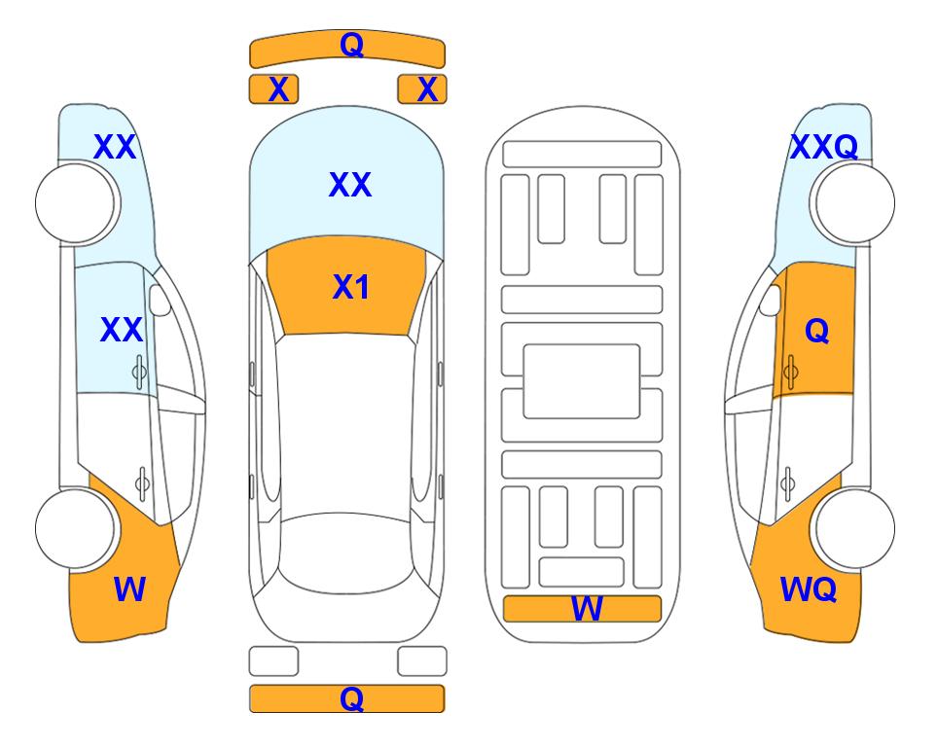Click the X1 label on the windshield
coord(351,287)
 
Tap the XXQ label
coord(824,147)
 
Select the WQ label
coord(809,589)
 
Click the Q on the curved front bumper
coord(351,44)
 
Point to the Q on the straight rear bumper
coord(351,698)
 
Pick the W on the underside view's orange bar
coord(587,609)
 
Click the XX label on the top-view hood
coord(350,184)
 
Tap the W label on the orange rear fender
coord(129,589)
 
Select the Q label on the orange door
coord(817,330)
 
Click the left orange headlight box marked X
coord(273,89)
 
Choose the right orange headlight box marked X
coord(422,89)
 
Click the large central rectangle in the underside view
coord(582,381)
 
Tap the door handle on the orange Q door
coord(790,372)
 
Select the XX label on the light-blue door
coord(122,330)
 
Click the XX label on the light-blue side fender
coord(115,147)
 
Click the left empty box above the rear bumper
coord(273,661)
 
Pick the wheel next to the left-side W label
coord(75,528)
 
